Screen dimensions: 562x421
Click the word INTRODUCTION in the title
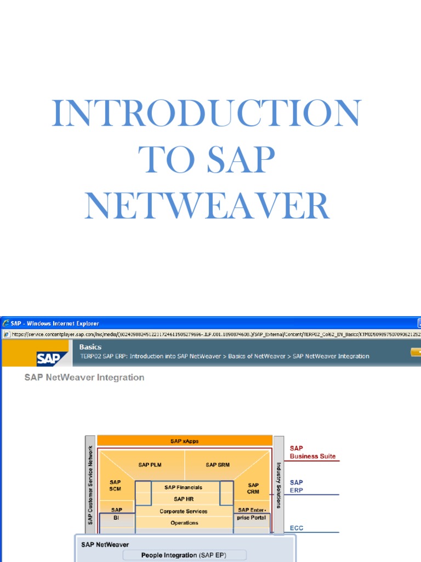point(207,114)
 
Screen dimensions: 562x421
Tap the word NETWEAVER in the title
point(207,206)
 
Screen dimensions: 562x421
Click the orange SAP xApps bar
point(184,441)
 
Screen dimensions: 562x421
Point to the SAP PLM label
point(150,465)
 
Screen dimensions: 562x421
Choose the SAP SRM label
point(218,465)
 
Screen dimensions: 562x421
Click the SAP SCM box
point(115,486)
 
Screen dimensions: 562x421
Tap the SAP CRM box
point(253,488)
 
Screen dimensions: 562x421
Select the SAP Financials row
point(184,487)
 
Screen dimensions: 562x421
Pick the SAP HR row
point(184,499)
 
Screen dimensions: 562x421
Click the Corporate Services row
point(184,511)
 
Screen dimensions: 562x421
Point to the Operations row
point(184,522)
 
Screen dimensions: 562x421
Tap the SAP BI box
point(115,513)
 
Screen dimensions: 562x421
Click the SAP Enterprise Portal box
point(252,514)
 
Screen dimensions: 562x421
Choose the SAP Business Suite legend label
point(312,452)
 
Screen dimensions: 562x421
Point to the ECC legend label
point(296,529)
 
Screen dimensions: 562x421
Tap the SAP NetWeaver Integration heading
point(84,378)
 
